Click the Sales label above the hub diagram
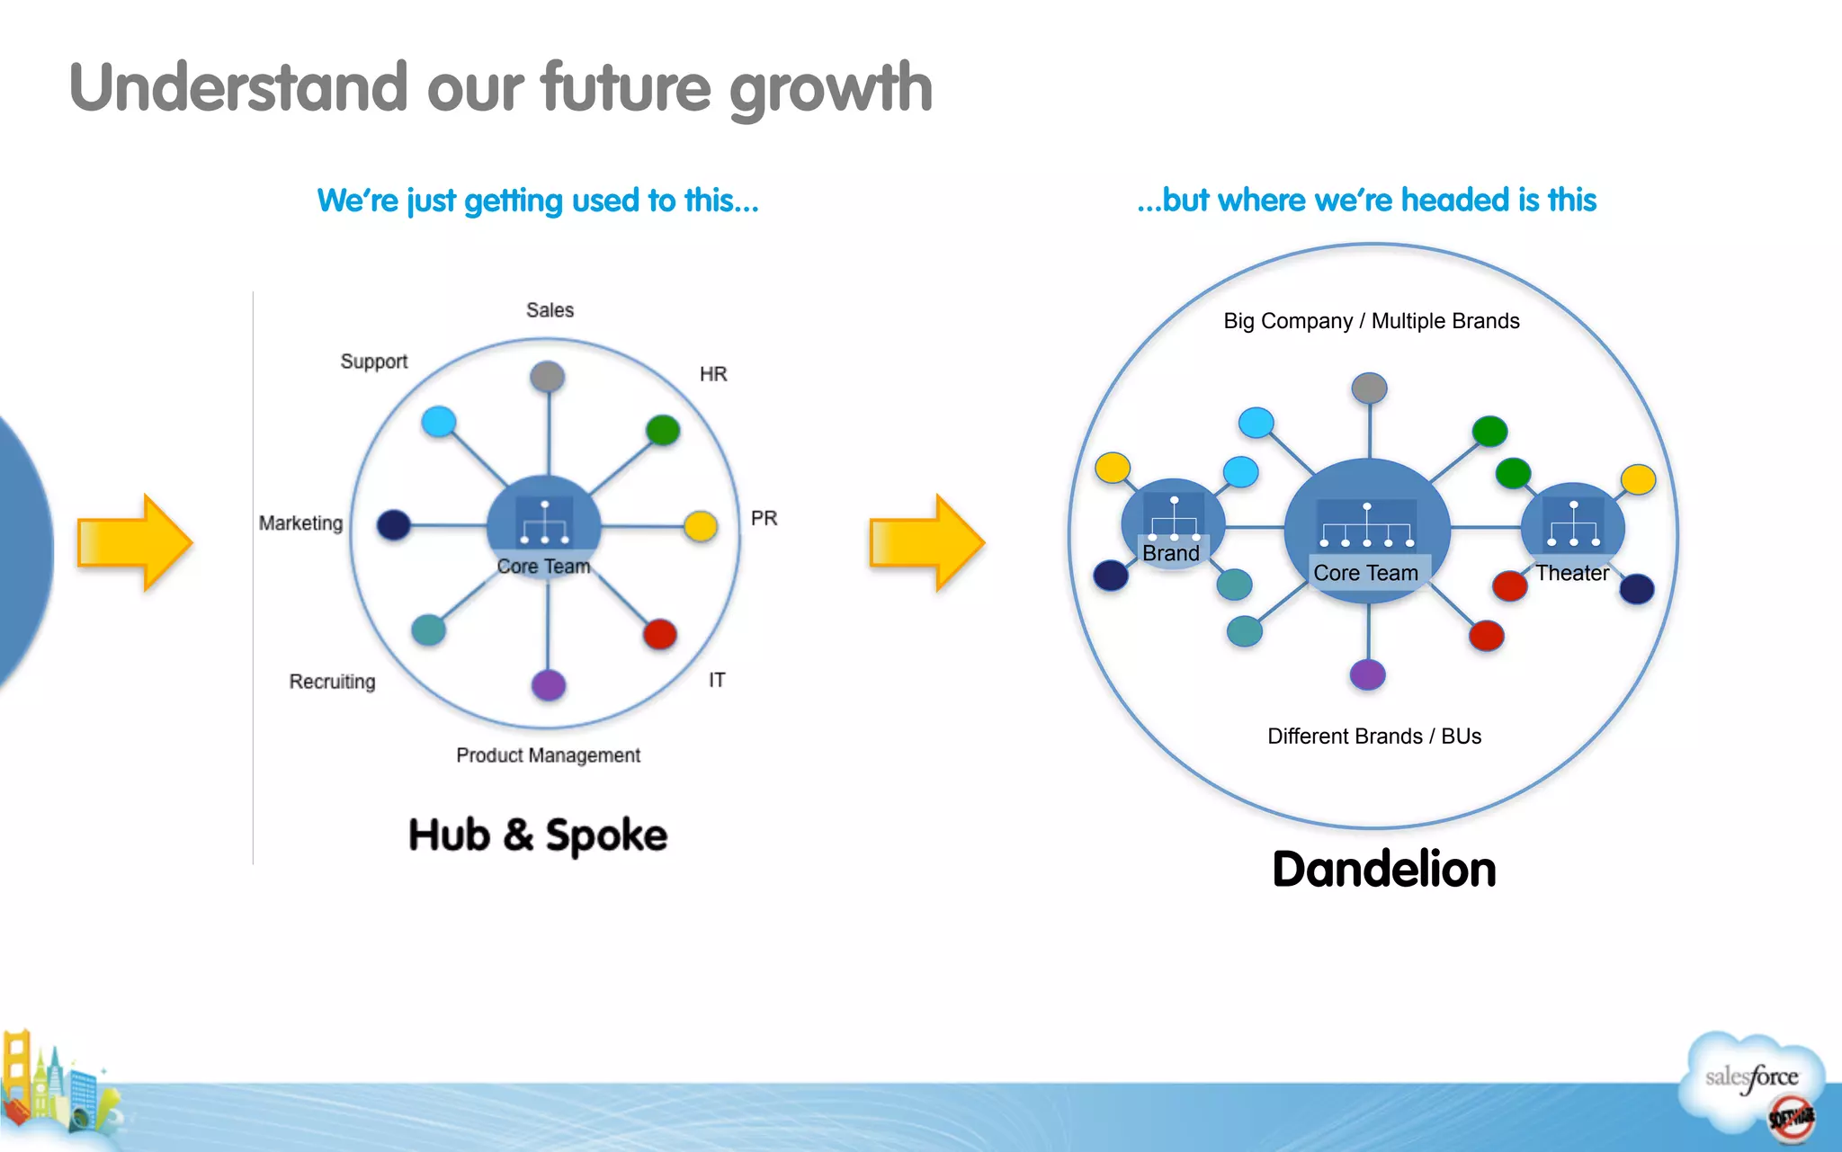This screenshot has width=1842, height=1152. pos(550,310)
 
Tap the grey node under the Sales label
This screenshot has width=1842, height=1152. pos(547,376)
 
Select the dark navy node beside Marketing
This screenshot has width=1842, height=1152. pos(394,524)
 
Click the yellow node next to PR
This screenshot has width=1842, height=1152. pos(701,526)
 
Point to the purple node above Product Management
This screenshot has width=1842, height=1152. pos(549,685)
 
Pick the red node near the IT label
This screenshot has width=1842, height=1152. pos(660,634)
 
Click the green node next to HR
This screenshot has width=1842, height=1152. pos(663,430)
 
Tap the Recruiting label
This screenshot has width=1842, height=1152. pos(332,682)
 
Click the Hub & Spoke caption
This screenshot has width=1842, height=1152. pos(538,835)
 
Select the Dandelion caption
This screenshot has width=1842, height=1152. pos(1383,870)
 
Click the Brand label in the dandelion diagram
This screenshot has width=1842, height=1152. pos(1170,553)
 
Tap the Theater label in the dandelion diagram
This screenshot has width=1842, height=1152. pos(1571,573)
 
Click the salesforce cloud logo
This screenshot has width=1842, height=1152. pos(1752,1078)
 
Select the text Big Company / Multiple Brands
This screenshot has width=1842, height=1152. pos(1371,321)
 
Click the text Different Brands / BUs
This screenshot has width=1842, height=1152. pos(1373,737)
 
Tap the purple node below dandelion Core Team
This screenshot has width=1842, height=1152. pos(1367,674)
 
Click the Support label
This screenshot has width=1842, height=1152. pos(373,362)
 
